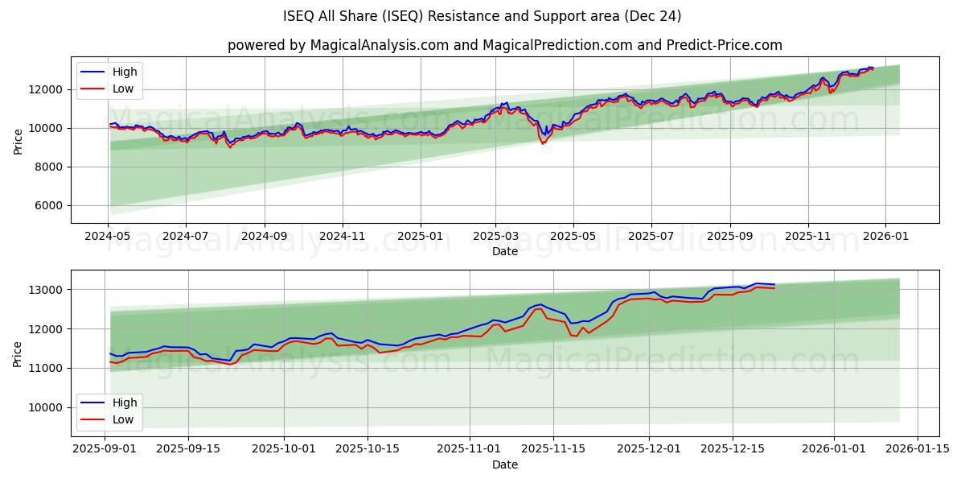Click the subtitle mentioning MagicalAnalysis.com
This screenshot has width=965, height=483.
tap(504, 45)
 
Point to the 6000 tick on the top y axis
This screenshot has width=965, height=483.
tap(47, 206)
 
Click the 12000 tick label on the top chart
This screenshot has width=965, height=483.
tap(44, 89)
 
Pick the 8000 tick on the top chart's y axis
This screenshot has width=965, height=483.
tap(47, 167)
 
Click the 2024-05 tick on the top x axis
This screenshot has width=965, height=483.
tap(108, 237)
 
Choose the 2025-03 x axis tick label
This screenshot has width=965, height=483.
tap(495, 237)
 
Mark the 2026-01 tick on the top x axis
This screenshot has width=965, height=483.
tap(885, 237)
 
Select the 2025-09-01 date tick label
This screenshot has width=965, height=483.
tap(105, 448)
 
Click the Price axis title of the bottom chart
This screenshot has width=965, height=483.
tap(18, 353)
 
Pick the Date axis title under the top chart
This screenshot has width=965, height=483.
tap(504, 251)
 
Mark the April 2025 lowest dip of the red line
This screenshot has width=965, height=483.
tap(543, 143)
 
